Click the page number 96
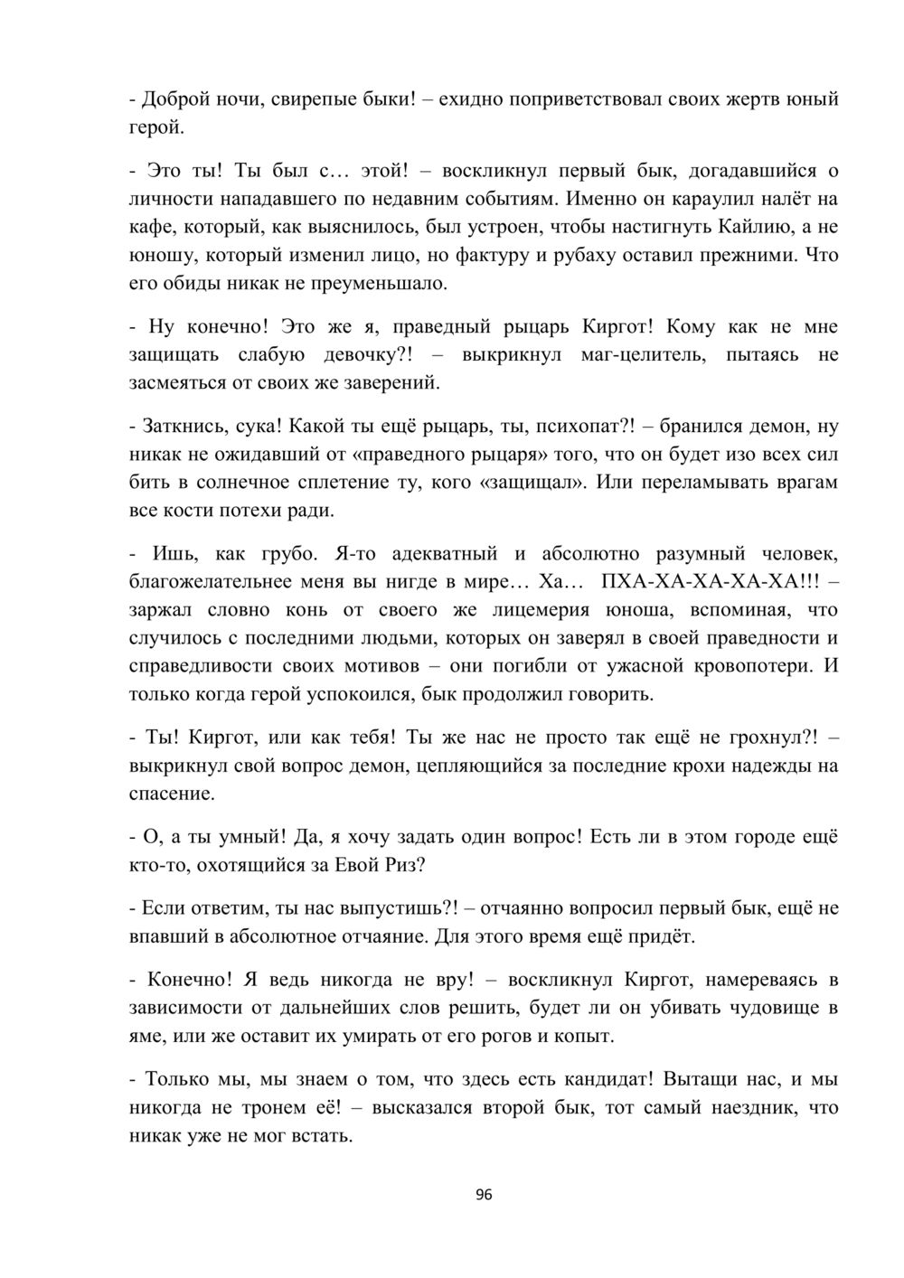pyautogui.click(x=483, y=1195)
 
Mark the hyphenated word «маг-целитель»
pyautogui.click(x=643, y=355)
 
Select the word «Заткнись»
pyautogui.click(x=177, y=426)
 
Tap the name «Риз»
pyautogui.click(x=392, y=865)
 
